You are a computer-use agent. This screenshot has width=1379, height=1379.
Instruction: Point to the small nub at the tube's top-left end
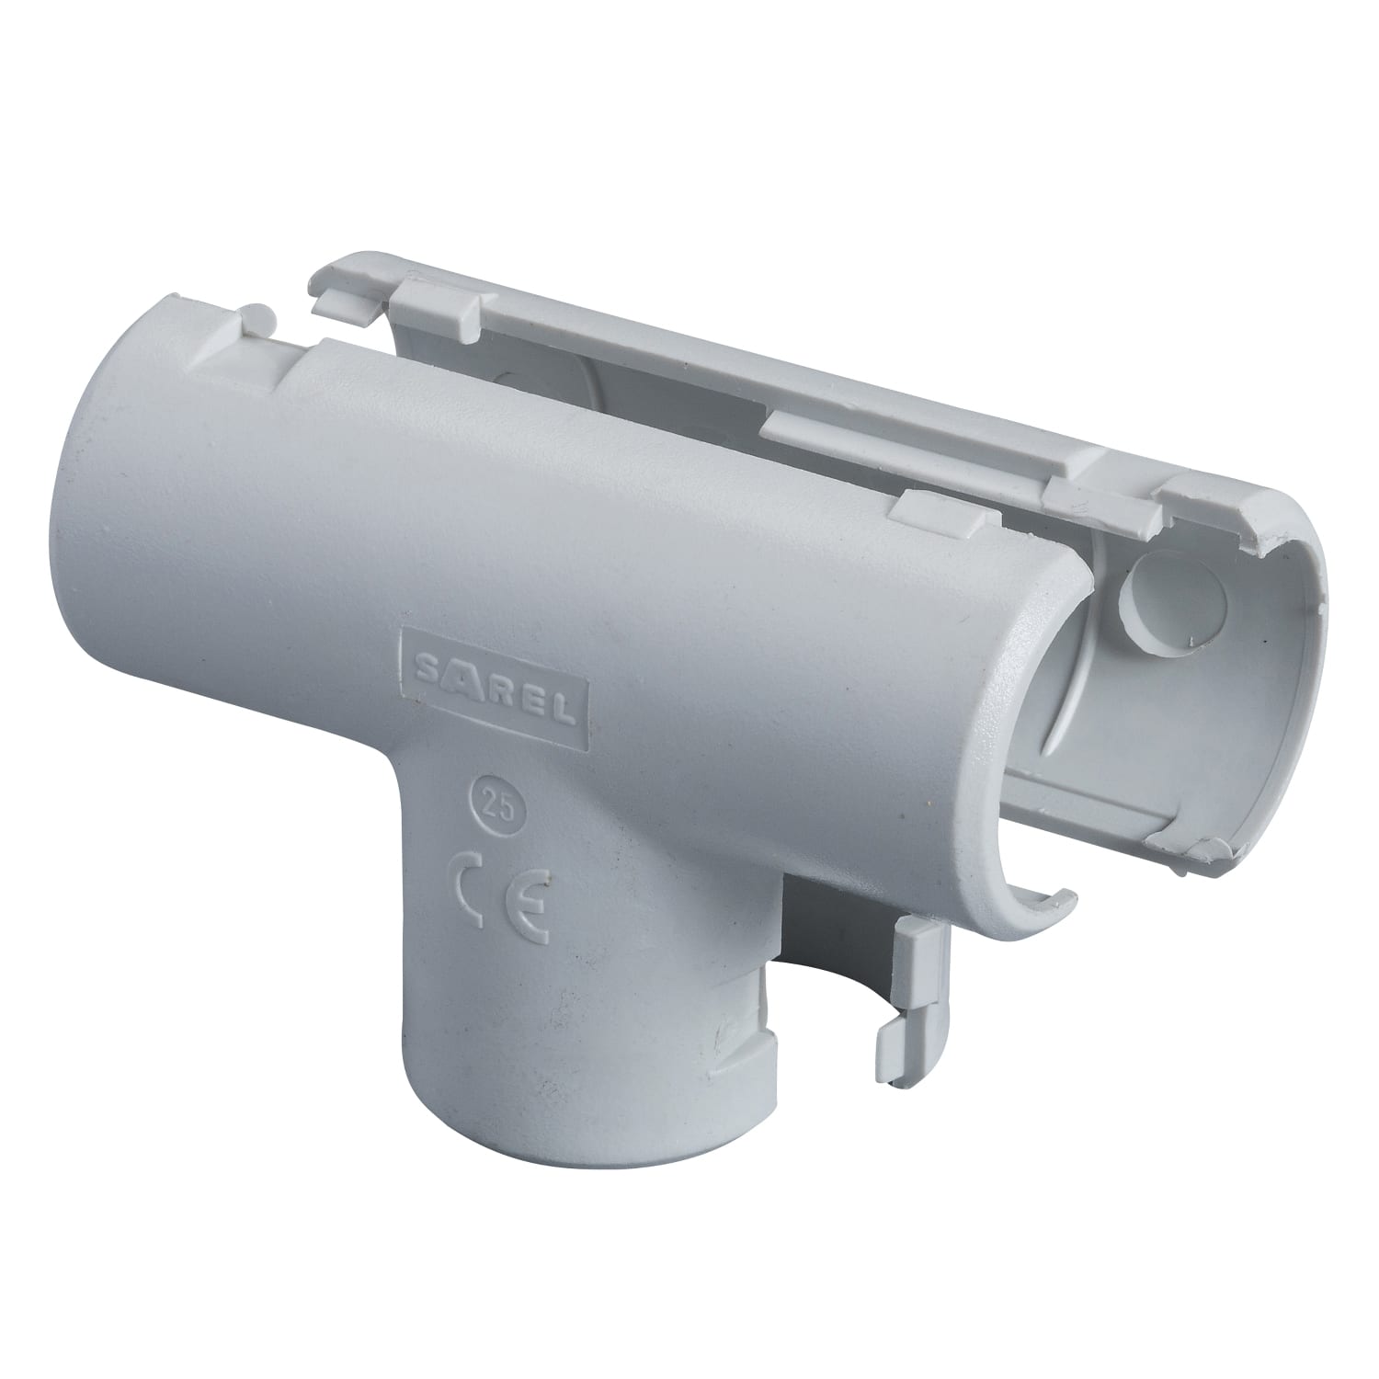[262, 321]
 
